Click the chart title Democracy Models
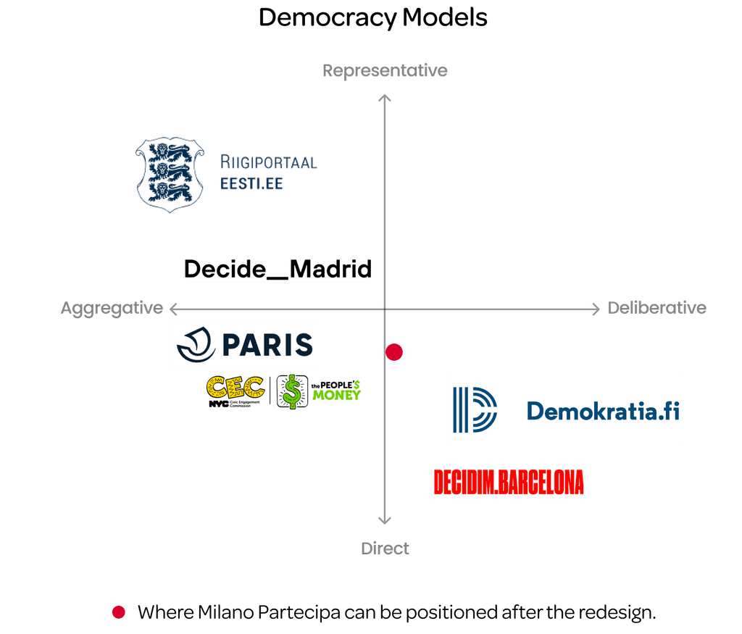372,17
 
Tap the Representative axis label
385,70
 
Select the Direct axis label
385,549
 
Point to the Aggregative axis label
112,308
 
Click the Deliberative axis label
656,308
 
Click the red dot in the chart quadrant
394,352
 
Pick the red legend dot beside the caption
118,612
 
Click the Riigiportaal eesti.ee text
268,172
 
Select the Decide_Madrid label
278,269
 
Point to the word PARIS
267,345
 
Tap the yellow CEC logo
235,391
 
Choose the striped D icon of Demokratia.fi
475,410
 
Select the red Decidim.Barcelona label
508,483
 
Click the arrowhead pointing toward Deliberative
594,309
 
